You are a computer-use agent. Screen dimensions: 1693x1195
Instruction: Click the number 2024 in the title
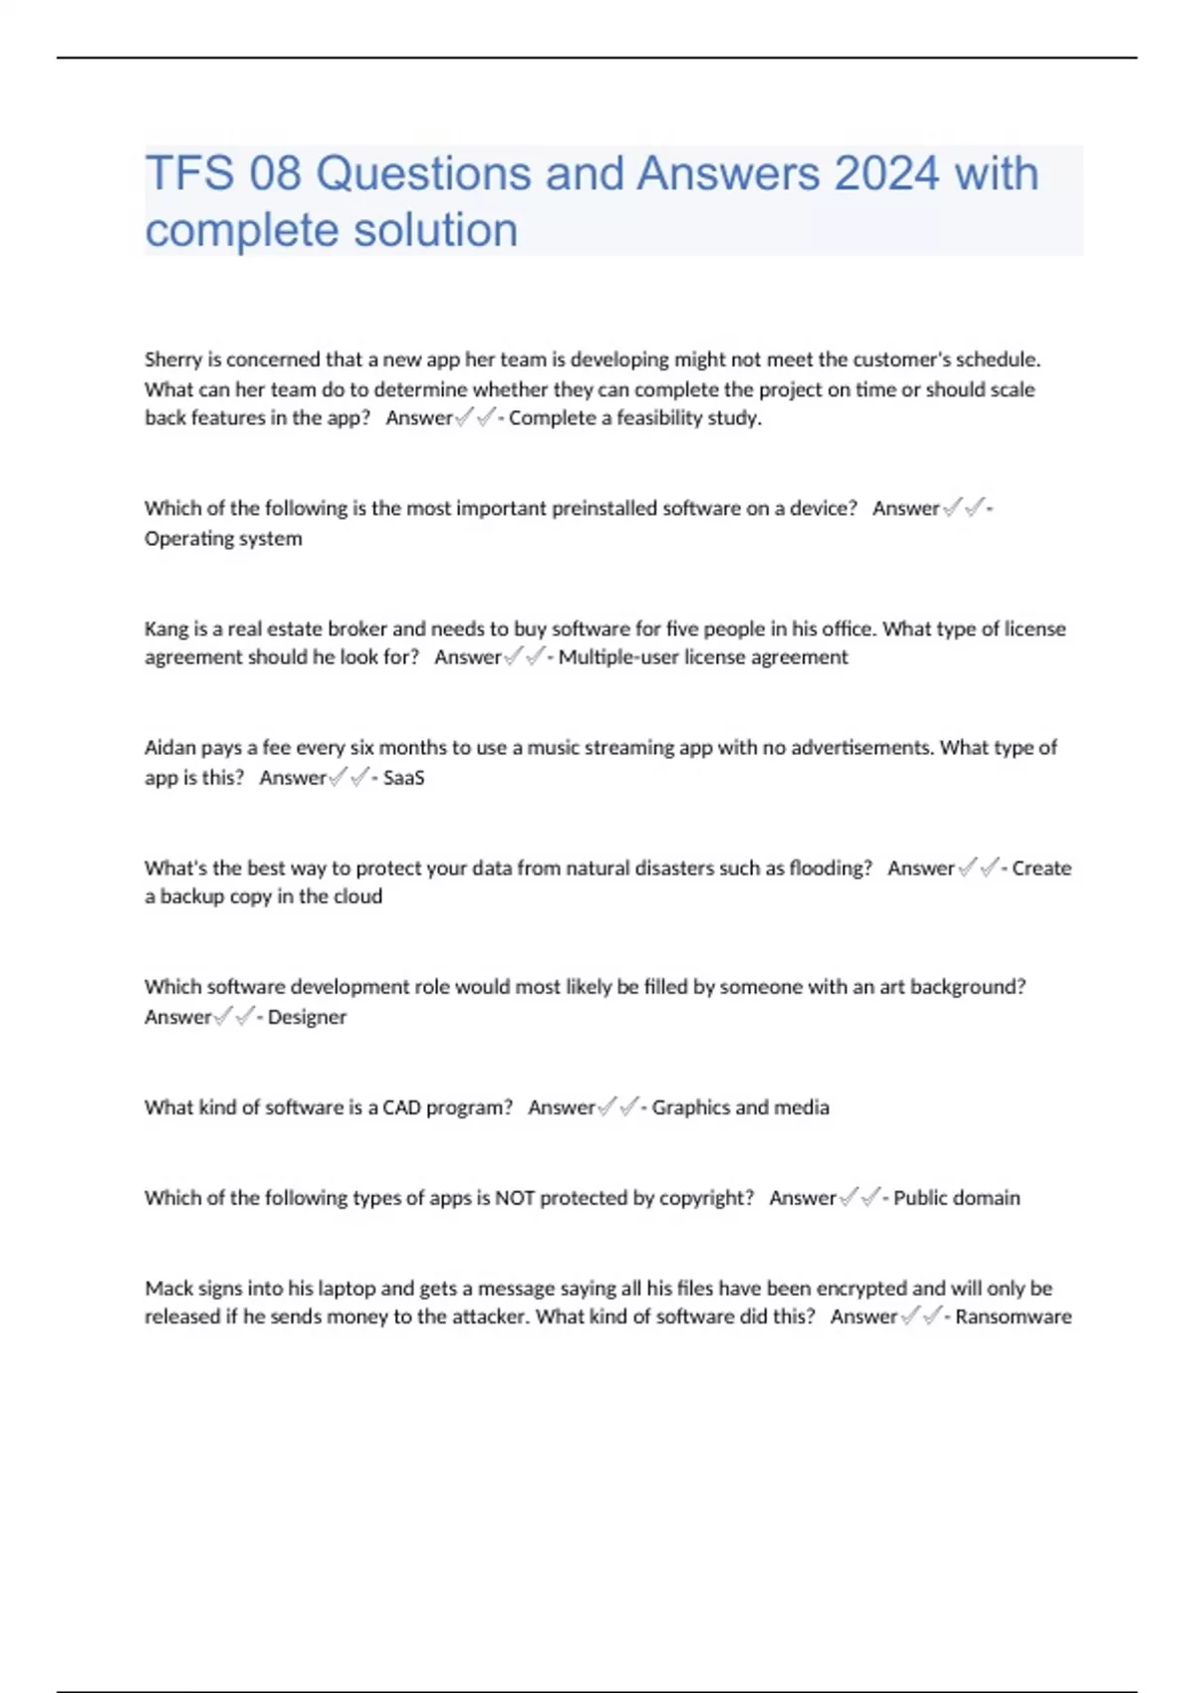[x=886, y=174]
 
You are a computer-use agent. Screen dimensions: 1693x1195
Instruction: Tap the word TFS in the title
[x=190, y=174]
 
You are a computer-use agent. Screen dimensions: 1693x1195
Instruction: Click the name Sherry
[x=173, y=360]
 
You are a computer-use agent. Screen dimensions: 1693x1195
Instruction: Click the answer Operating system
[x=223, y=539]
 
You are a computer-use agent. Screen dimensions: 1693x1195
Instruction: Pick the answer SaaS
[x=403, y=778]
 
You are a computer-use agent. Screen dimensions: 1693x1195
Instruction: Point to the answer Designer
[x=307, y=1017]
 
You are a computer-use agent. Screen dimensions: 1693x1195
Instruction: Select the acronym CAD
[x=401, y=1107]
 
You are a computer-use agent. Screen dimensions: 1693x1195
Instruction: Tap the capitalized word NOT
[x=515, y=1198]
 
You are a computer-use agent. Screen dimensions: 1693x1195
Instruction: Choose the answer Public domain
[x=956, y=1198]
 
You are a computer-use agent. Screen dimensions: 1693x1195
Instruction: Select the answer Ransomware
[x=1013, y=1317]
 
